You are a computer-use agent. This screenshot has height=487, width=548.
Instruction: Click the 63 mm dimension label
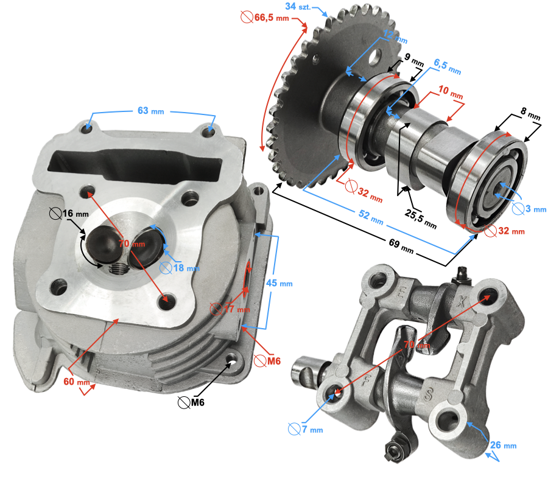(150, 111)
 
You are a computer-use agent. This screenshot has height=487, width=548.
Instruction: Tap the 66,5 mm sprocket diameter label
(265, 17)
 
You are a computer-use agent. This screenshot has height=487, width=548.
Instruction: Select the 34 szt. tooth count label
(298, 6)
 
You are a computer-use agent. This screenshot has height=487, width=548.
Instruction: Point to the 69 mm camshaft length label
(401, 245)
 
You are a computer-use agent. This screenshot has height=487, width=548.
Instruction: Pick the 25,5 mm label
(421, 219)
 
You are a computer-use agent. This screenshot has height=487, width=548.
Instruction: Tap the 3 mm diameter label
(529, 209)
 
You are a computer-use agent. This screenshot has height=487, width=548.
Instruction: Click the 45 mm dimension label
(279, 283)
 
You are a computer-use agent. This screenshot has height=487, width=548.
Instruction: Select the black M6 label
(191, 402)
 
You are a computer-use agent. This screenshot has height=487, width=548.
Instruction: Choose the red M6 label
(267, 361)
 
